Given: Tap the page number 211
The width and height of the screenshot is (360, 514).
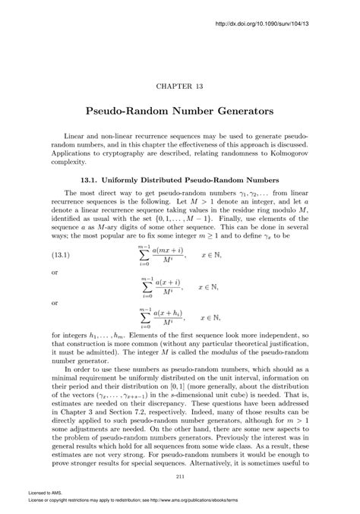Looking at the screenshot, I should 180,476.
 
